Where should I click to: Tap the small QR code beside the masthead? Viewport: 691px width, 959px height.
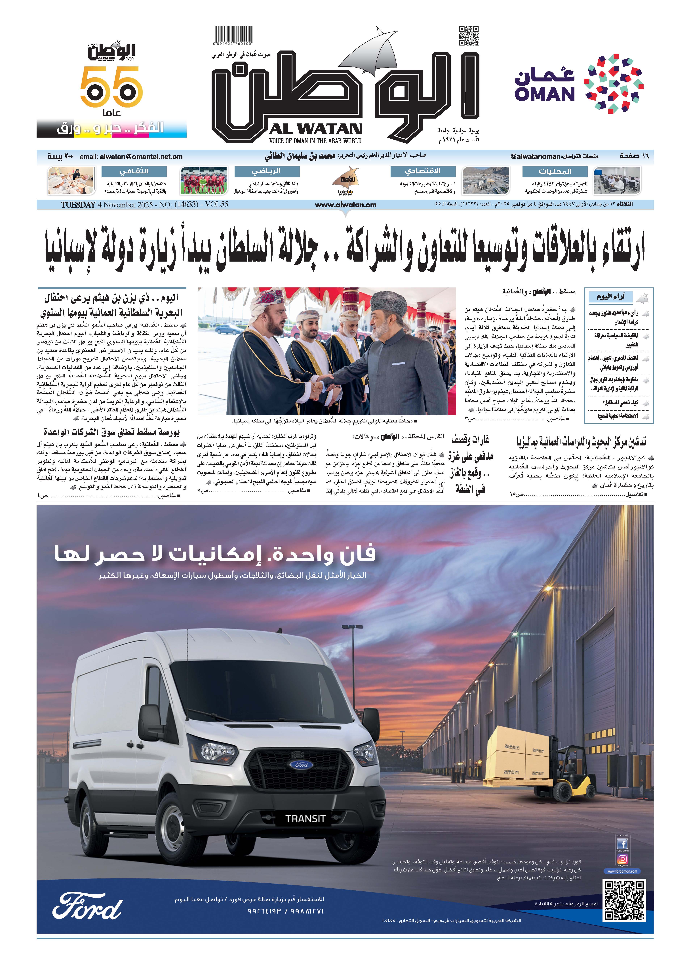469,35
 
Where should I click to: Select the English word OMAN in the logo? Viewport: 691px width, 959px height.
544,94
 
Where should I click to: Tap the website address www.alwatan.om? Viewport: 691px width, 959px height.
345,205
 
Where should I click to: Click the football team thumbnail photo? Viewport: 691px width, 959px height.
203,180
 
